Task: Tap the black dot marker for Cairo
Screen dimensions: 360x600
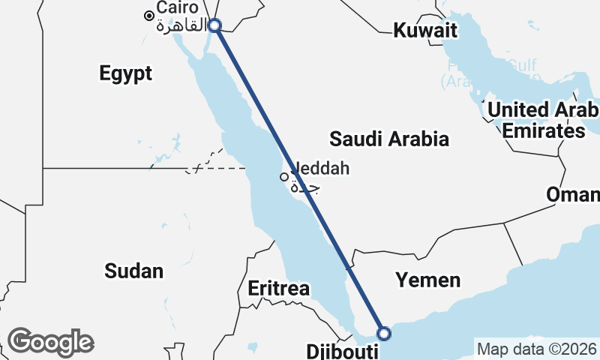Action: (150, 15)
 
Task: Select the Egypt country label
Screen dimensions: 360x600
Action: (125, 73)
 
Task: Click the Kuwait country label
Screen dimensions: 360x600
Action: (425, 31)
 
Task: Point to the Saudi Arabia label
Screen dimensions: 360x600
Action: (389, 139)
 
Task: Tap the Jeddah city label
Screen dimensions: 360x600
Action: (320, 169)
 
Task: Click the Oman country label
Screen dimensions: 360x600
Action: (573, 195)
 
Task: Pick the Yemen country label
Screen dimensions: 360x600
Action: (428, 280)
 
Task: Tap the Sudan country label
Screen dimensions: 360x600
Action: (134, 271)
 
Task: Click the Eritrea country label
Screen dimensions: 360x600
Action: (278, 289)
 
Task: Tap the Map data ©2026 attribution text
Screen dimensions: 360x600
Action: (537, 349)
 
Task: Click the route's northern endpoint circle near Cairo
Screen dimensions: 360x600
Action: (214, 25)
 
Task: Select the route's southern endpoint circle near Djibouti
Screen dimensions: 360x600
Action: (384, 334)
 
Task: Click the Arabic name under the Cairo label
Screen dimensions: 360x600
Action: (181, 27)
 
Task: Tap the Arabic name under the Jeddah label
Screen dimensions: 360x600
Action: (306, 187)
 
